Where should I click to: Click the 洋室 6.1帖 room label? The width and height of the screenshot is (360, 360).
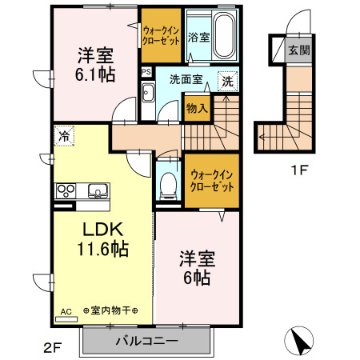(x=94, y=65)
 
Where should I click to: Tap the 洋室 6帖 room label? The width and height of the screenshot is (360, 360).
(x=195, y=268)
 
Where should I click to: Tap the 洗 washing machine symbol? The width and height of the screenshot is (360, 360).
(x=228, y=81)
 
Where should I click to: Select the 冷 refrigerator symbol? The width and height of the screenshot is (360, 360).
(x=63, y=136)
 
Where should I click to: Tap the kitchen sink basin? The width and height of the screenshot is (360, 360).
(x=98, y=192)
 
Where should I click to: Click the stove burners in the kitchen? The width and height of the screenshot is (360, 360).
(x=65, y=191)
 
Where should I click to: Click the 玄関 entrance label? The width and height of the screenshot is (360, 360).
(x=298, y=49)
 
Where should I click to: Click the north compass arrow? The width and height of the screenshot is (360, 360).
(x=301, y=342)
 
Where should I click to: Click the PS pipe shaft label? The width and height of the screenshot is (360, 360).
(x=146, y=71)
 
